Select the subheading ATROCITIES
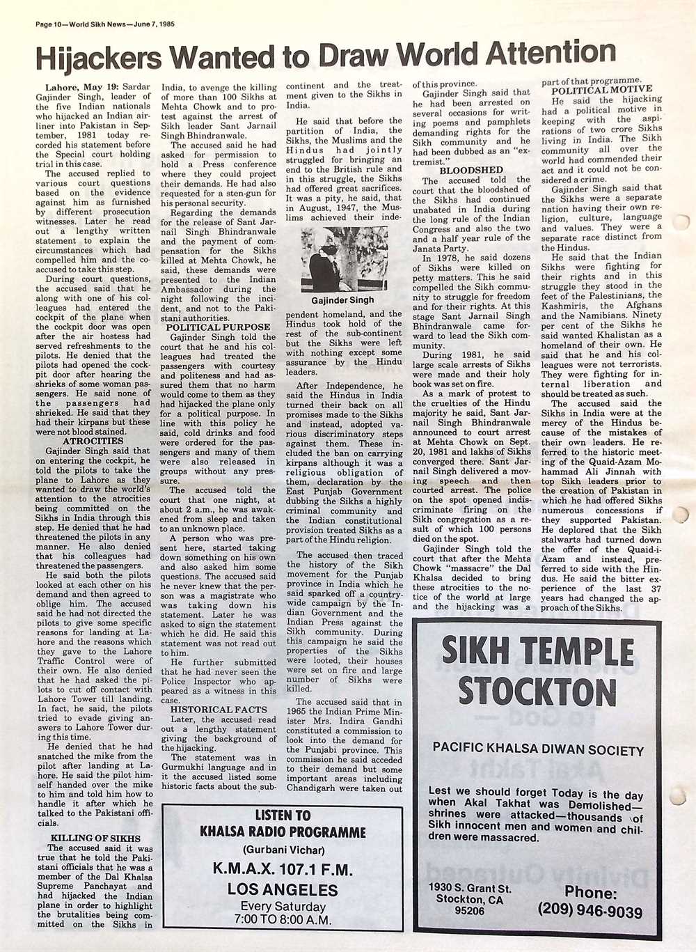pos(93,441)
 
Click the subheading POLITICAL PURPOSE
pos(218,327)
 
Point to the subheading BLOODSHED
pos(470,170)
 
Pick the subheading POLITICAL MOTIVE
pos(602,89)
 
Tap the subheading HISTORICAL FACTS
pos(219,710)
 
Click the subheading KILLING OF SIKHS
pos(95,838)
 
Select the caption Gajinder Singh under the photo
pos(342,300)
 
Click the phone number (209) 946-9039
pos(590,911)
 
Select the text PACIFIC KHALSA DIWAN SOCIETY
pos(538,750)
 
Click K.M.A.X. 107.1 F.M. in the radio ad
pos(282,869)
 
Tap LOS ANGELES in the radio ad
pos(282,889)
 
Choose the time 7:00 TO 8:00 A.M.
pos(282,919)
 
